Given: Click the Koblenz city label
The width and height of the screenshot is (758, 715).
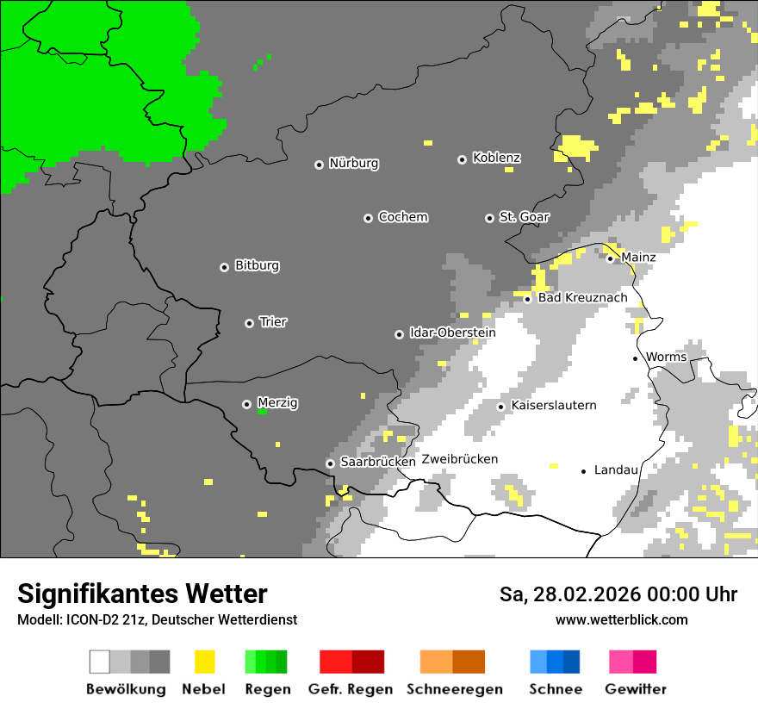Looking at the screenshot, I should pyautogui.click(x=496, y=158).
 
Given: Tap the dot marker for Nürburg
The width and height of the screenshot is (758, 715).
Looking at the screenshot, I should pyautogui.click(x=319, y=164).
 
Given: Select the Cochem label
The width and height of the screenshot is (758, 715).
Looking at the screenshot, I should pyautogui.click(x=402, y=217).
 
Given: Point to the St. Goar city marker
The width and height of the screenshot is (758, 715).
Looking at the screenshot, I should pyautogui.click(x=489, y=218).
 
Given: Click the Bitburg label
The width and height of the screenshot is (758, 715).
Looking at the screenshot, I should pyautogui.click(x=257, y=265).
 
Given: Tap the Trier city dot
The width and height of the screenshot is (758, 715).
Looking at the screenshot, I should pyautogui.click(x=249, y=323).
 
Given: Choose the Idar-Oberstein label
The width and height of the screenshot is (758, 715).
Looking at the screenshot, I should pyautogui.click(x=452, y=333).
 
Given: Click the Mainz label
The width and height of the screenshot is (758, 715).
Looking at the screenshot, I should pyautogui.click(x=637, y=257).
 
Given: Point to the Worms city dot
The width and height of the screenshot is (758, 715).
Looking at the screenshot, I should pyautogui.click(x=635, y=358).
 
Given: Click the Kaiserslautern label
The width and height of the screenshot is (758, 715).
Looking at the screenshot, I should pyautogui.click(x=553, y=405).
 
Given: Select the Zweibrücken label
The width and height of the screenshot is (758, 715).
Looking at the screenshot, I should pyautogui.click(x=459, y=459).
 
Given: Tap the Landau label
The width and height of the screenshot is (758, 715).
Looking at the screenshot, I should pyautogui.click(x=616, y=469).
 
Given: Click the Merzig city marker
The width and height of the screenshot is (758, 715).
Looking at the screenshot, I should pyautogui.click(x=246, y=404).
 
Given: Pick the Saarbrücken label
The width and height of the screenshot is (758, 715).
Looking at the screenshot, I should pyautogui.click(x=377, y=462).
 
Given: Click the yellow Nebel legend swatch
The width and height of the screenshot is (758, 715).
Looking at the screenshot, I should pyautogui.click(x=204, y=662).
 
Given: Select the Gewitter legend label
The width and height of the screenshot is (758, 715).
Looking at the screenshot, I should pyautogui.click(x=635, y=689).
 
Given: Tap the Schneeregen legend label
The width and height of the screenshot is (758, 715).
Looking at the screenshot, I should pyautogui.click(x=454, y=689).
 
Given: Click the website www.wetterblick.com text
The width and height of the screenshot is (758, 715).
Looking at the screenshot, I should pyautogui.click(x=621, y=619).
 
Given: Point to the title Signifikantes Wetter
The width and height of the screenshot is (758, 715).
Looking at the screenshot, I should pyautogui.click(x=142, y=594).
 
